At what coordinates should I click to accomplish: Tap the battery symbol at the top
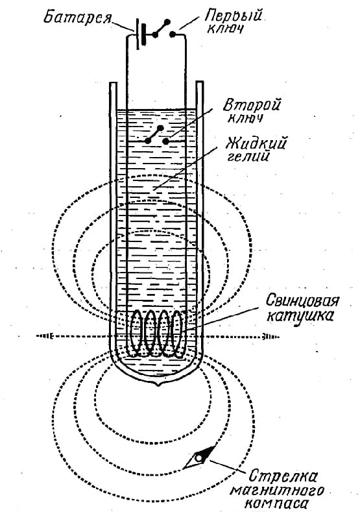[139, 34]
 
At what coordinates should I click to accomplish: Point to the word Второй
[252, 106]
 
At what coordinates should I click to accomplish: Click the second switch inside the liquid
[157, 134]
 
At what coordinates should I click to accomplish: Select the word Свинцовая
[302, 300]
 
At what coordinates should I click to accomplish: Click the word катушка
[300, 316]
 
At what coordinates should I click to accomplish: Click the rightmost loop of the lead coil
[177, 334]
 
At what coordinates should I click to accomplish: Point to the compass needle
[199, 456]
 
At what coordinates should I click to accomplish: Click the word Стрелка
[283, 476]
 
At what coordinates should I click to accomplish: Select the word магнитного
[277, 491]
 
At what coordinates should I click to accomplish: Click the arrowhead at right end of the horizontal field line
[265, 335]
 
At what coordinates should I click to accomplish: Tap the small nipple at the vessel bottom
[160, 385]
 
